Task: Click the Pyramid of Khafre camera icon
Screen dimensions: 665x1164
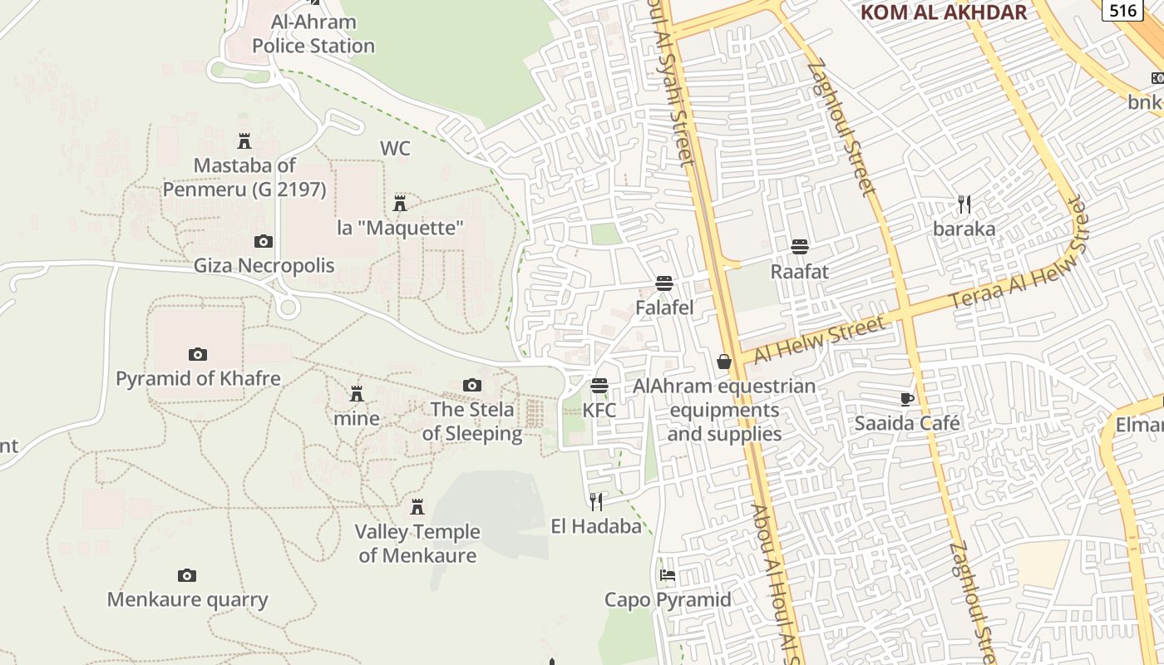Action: pyautogui.click(x=198, y=354)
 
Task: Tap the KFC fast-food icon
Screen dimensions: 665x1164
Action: pyautogui.click(x=599, y=386)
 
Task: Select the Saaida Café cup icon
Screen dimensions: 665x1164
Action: pyautogui.click(x=907, y=399)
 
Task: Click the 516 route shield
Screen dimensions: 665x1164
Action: pyautogui.click(x=1122, y=10)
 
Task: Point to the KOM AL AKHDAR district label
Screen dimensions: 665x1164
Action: pyautogui.click(x=944, y=12)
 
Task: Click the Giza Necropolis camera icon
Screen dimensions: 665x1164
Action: pyautogui.click(x=264, y=242)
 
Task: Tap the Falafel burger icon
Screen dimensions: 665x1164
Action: pyautogui.click(x=664, y=283)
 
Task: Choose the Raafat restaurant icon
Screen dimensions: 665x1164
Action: pyautogui.click(x=800, y=247)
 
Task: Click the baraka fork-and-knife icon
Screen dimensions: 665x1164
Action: pyautogui.click(x=964, y=204)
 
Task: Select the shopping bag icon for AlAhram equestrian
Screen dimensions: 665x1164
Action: pyautogui.click(x=724, y=362)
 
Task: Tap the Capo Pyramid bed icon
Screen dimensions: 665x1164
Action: pyautogui.click(x=667, y=575)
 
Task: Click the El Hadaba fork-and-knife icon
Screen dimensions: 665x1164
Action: pyautogui.click(x=596, y=501)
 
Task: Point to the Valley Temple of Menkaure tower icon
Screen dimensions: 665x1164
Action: pyautogui.click(x=417, y=506)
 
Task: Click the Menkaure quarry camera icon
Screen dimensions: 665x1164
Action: pyautogui.click(x=187, y=575)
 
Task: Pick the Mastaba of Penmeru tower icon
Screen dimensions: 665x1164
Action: pyautogui.click(x=244, y=141)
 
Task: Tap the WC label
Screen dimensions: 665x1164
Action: pyautogui.click(x=395, y=149)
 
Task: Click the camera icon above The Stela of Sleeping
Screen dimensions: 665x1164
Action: pyautogui.click(x=472, y=385)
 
